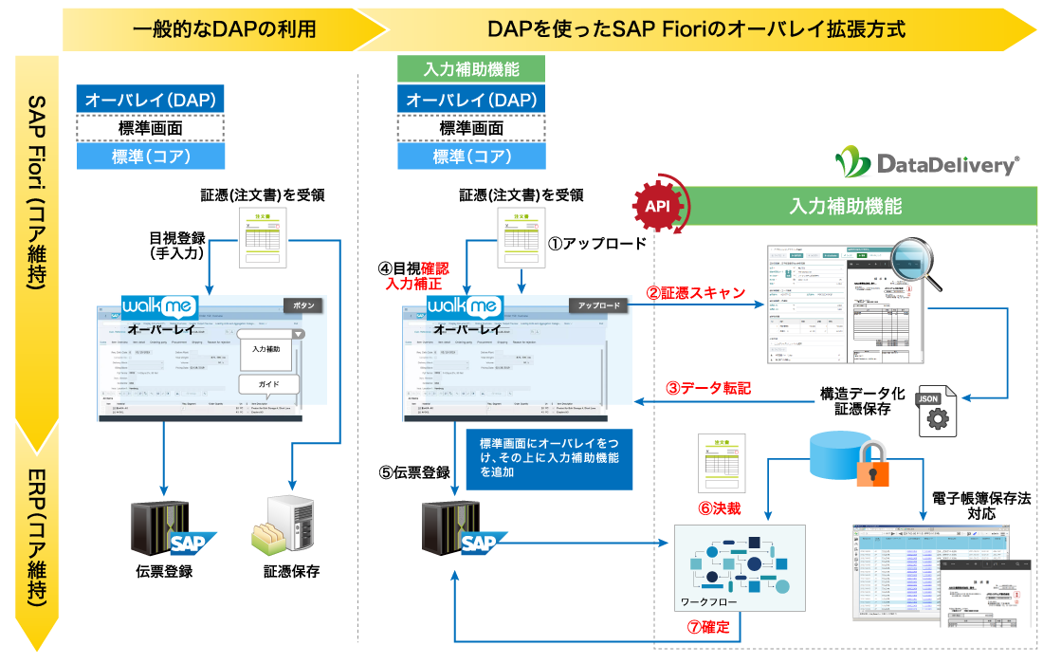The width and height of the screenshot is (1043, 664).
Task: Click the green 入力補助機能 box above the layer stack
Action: click(x=471, y=69)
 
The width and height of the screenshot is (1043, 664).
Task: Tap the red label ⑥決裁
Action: click(x=720, y=507)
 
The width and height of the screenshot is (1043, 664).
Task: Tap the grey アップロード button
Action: click(x=598, y=305)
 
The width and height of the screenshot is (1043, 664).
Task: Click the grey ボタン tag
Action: click(x=303, y=305)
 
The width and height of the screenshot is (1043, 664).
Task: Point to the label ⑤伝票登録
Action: click(x=414, y=471)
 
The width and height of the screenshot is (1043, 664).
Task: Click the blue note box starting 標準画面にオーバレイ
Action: click(x=548, y=458)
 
